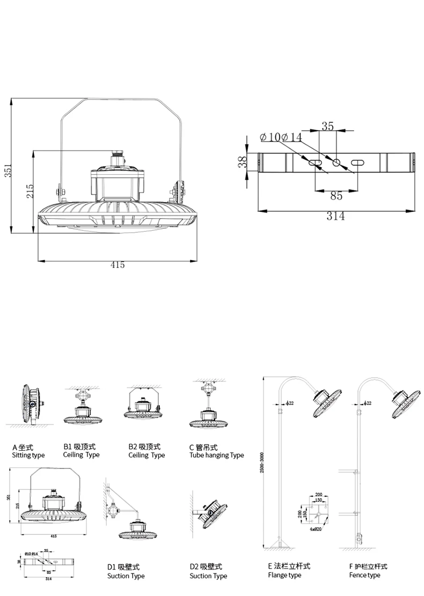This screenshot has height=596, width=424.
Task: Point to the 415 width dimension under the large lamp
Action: click(118, 265)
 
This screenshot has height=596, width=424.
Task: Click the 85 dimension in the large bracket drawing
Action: click(336, 196)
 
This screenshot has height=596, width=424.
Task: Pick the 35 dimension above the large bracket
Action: click(327, 126)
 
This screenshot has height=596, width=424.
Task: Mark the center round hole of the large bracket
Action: click(337, 162)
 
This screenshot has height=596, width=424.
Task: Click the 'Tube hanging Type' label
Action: click(216, 455)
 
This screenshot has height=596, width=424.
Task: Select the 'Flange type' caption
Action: click(284, 575)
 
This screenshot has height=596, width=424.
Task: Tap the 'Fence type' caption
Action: click(364, 575)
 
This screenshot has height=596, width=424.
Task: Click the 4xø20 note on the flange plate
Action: click(315, 529)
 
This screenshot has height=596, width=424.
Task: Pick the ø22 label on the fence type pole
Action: click(368, 403)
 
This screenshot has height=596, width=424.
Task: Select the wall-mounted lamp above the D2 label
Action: click(213, 515)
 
